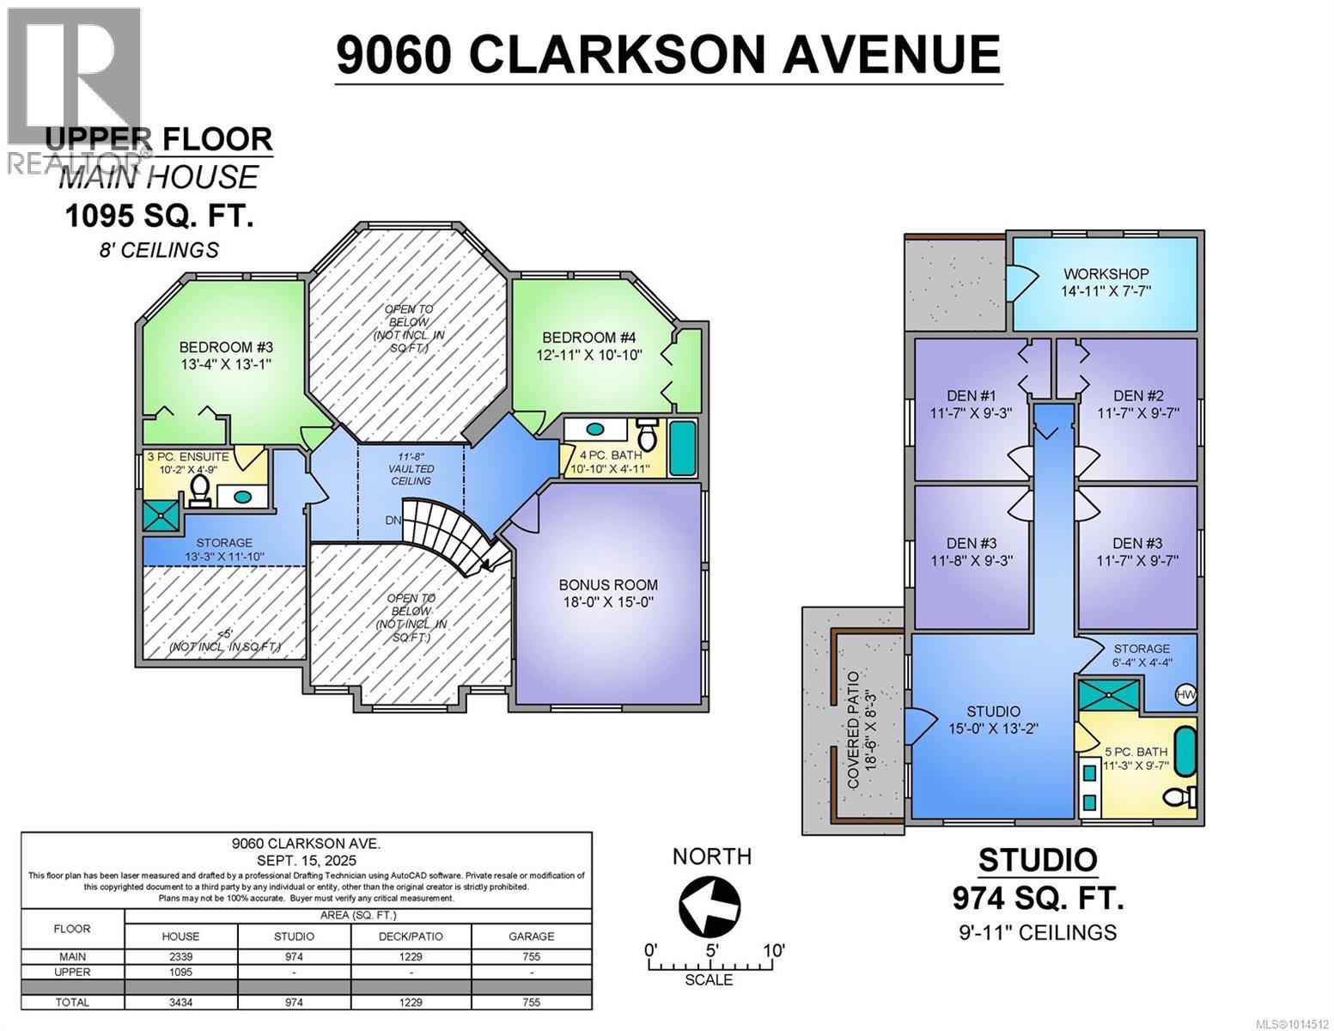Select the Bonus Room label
pos(608,584)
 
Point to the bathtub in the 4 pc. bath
pos(682,448)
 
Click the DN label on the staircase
pos(393,521)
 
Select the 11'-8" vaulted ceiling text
pos(411,468)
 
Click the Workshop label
pos(1106,274)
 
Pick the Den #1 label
pos(972,396)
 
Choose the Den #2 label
pos(1139,396)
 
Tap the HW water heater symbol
pos(1185,694)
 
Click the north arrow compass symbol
pos(709,906)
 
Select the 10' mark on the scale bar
pos(773,950)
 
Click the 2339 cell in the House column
pos(180,957)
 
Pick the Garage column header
pos(531,936)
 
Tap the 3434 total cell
pos(180,1002)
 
